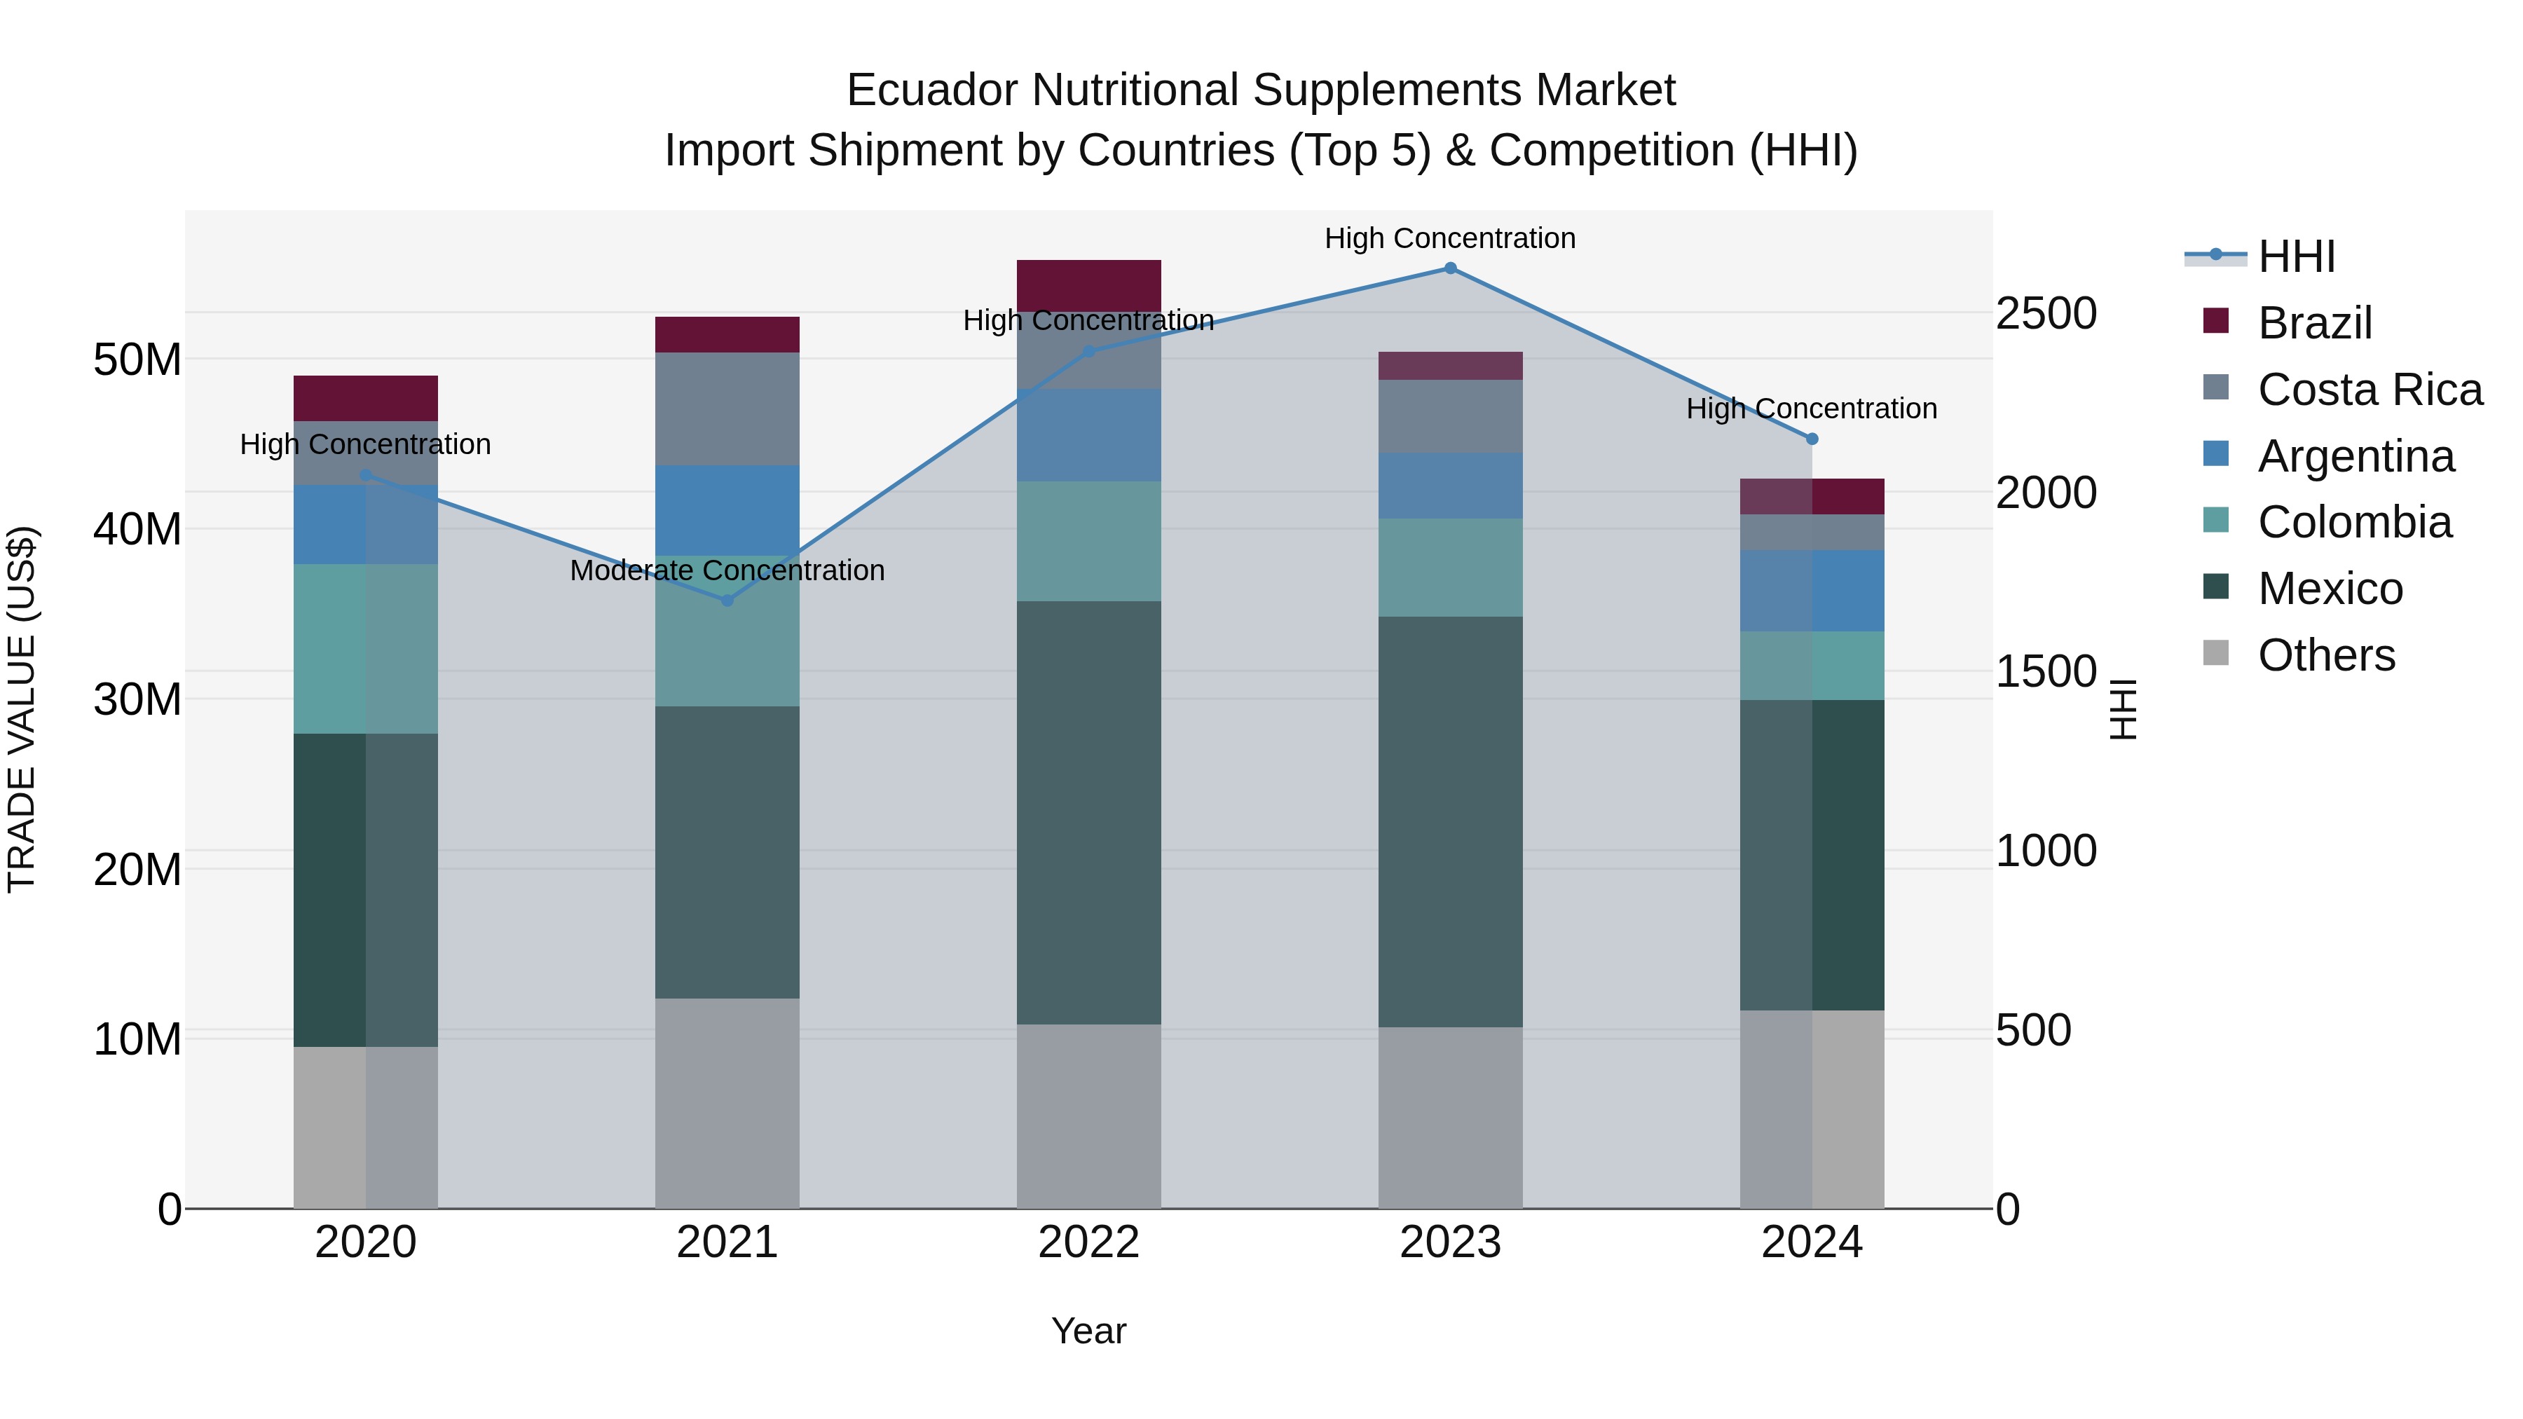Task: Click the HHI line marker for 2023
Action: point(1451,268)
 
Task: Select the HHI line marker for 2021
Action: point(727,601)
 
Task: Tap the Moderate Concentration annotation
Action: point(727,570)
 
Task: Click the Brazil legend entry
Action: point(2314,323)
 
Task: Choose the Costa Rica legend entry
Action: point(2370,390)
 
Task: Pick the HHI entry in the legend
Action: point(2297,256)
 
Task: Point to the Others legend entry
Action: point(2326,655)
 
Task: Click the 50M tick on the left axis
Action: point(137,359)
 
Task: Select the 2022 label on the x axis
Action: point(1088,1242)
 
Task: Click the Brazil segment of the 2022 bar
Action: point(1088,285)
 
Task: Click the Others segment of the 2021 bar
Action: point(727,1103)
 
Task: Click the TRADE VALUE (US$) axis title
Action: point(22,709)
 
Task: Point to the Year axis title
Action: point(1088,1331)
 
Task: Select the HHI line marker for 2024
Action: point(1812,439)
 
